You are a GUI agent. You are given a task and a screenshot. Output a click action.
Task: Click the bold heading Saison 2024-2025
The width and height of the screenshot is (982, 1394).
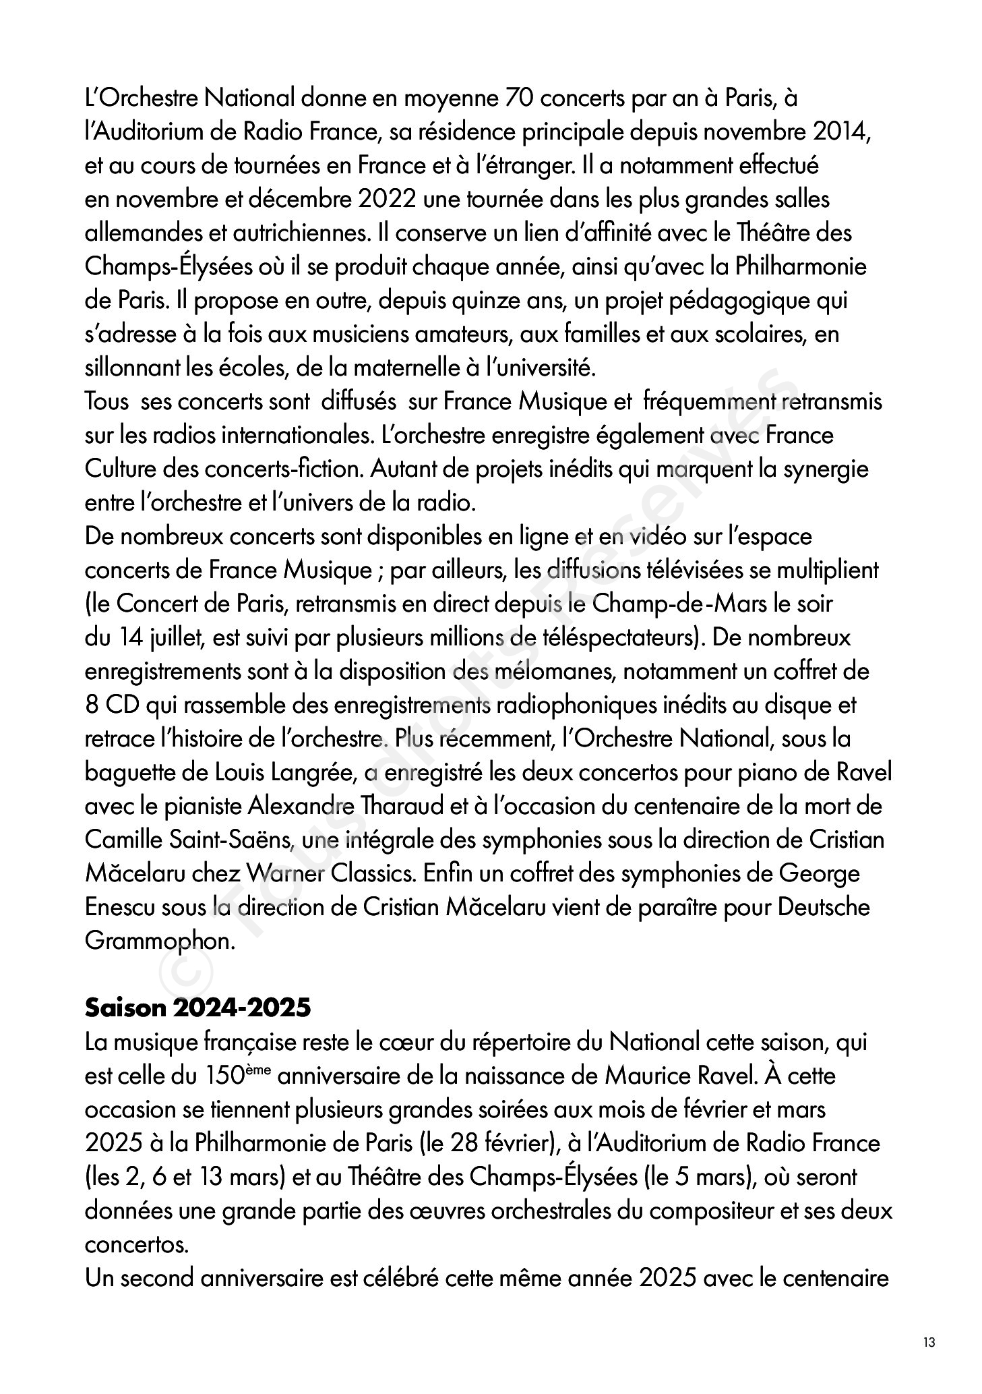click(x=197, y=1008)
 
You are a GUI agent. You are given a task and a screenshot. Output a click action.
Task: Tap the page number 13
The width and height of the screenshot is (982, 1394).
click(x=929, y=1342)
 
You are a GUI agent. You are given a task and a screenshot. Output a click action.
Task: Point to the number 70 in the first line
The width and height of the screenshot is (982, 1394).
click(x=518, y=98)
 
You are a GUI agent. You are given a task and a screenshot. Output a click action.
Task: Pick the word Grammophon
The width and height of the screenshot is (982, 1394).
click(x=159, y=941)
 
